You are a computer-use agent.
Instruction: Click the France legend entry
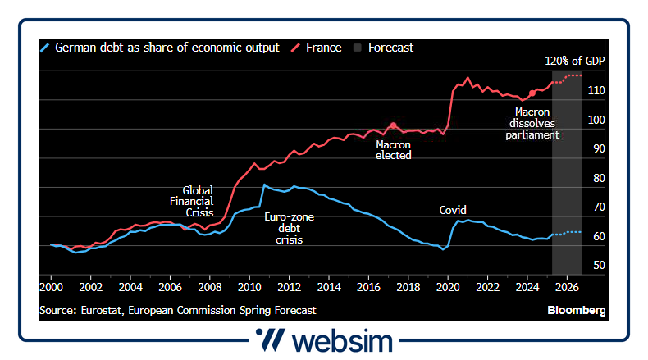323,48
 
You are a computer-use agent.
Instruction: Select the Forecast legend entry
390,48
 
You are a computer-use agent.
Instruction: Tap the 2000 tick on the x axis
52,288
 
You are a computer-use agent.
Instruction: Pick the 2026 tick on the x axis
568,288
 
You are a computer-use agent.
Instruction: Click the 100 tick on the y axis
598,120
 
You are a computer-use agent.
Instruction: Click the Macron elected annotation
393,149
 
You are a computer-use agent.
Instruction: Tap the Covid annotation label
453,210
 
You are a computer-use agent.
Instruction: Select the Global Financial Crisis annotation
197,201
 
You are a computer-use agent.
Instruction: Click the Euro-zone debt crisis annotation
289,229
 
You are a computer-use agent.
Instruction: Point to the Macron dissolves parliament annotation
532,123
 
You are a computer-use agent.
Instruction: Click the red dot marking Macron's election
393,125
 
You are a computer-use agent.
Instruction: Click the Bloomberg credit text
577,311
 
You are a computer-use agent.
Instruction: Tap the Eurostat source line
177,311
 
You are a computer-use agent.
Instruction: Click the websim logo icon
270,340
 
